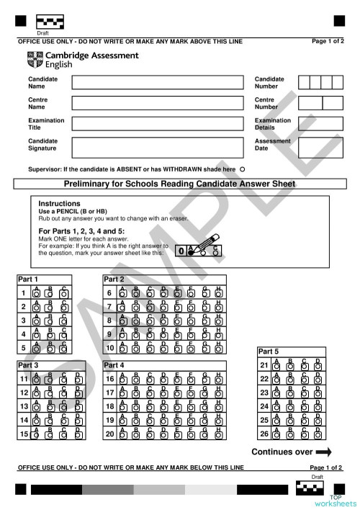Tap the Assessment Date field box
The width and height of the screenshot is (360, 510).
[x=320, y=144]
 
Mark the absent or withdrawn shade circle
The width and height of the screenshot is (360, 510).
[x=242, y=169]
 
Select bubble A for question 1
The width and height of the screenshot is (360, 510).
[x=37, y=294]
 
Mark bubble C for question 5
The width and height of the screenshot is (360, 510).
[x=64, y=349]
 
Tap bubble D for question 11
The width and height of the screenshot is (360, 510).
[x=78, y=379]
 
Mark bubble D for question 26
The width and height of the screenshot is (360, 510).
[x=318, y=434]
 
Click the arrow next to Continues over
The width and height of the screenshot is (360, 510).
[x=323, y=452]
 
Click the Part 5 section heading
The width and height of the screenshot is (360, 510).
[x=269, y=351]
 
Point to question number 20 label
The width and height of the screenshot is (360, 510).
[x=109, y=434]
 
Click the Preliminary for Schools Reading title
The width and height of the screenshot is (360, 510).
[x=179, y=184]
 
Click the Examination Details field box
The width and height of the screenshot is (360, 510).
[x=320, y=123]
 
